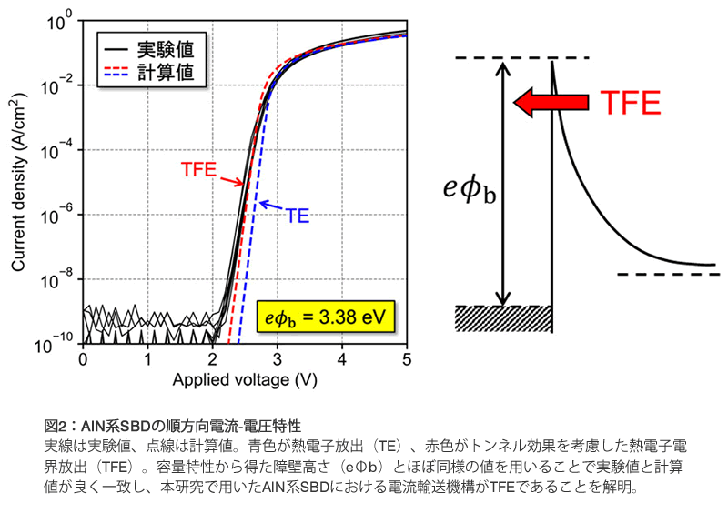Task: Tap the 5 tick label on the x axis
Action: point(407,359)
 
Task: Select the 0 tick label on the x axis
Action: point(83,359)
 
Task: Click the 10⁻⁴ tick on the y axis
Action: point(57,150)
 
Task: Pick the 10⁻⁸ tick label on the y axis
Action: point(57,280)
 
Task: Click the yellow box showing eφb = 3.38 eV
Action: point(325,317)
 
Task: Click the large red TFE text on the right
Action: point(629,103)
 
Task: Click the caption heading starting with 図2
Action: point(172,426)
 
